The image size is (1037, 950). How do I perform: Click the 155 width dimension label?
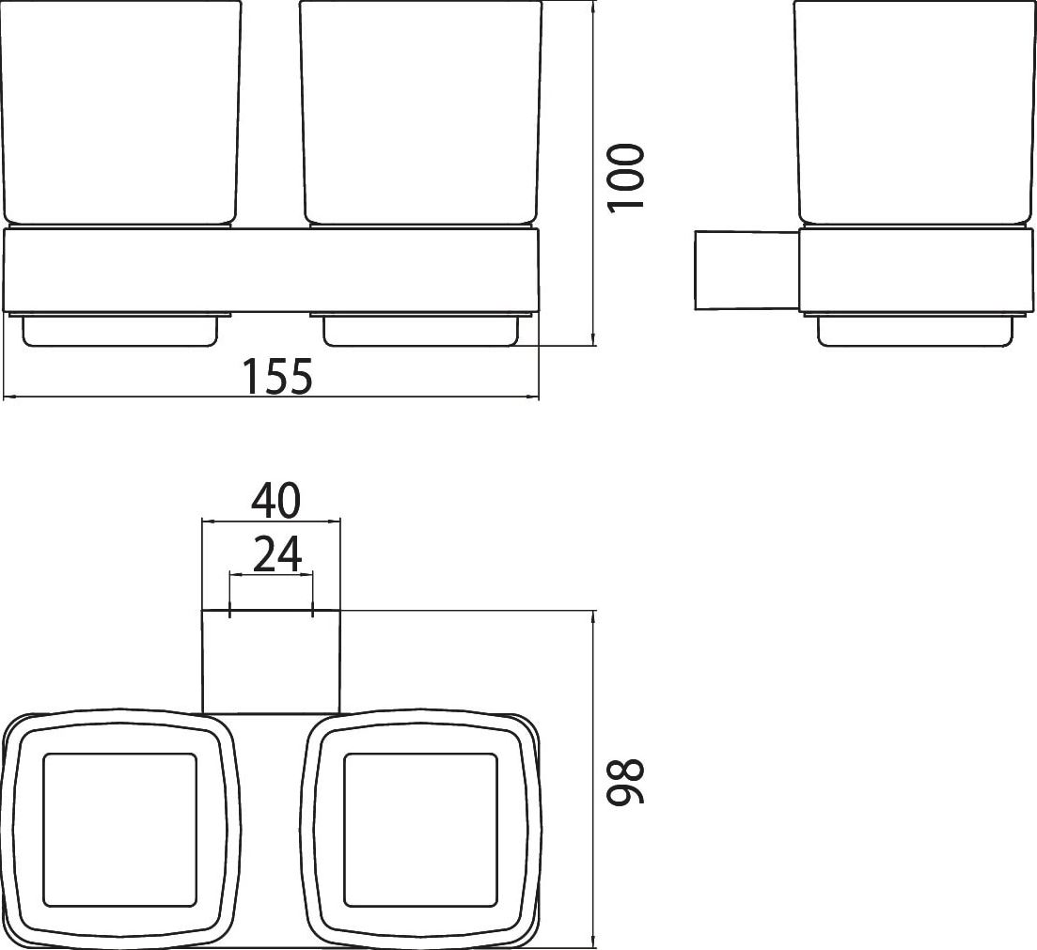(277, 376)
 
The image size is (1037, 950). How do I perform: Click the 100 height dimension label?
(625, 178)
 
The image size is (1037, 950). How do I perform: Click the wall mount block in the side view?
(746, 270)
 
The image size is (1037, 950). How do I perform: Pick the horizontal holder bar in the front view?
(272, 270)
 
